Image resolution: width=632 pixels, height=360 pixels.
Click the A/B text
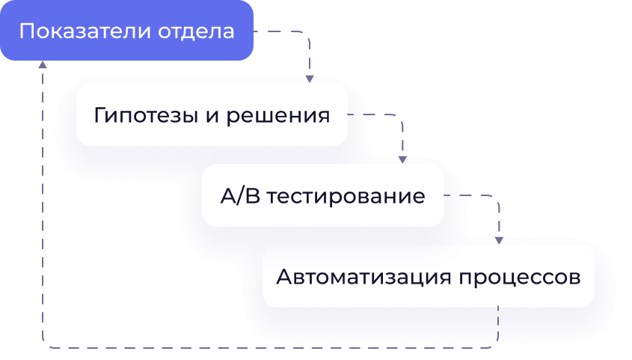239,197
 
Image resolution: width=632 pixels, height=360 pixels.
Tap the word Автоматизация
362,277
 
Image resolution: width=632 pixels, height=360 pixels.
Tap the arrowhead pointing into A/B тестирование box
402,159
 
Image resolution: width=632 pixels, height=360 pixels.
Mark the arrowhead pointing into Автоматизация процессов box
499,240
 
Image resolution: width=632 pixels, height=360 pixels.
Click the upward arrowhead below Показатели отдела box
43,66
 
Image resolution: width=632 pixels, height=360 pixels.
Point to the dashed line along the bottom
269,347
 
